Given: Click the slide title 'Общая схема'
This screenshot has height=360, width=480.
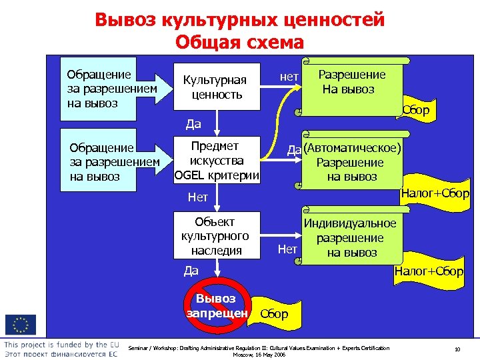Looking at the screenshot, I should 239,42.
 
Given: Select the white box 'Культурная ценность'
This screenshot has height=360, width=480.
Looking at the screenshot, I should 215,87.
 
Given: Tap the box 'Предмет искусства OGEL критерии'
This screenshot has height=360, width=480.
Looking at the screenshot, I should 215,161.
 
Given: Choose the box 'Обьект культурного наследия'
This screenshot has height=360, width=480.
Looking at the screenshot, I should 215,235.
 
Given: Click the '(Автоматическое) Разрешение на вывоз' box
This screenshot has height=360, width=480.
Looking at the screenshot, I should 352,162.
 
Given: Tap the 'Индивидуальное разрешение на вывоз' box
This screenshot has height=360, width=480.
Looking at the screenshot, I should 352,238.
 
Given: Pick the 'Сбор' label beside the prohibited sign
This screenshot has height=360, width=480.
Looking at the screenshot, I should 274,314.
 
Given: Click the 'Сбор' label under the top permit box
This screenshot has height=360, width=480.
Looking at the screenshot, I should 416,110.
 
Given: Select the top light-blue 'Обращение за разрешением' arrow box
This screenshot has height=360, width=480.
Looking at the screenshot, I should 110,89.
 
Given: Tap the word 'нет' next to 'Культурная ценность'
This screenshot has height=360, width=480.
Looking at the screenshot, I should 289,77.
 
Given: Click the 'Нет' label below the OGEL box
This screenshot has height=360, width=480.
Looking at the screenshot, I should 198,197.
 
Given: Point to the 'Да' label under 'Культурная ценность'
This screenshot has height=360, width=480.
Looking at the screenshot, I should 193,123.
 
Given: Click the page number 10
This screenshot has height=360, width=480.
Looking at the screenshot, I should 457,349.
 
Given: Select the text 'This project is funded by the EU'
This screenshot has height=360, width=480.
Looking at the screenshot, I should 61,345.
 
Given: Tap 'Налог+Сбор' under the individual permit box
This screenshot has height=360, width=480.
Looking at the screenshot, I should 429,271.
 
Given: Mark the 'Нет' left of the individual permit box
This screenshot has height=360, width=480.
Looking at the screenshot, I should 287,249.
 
